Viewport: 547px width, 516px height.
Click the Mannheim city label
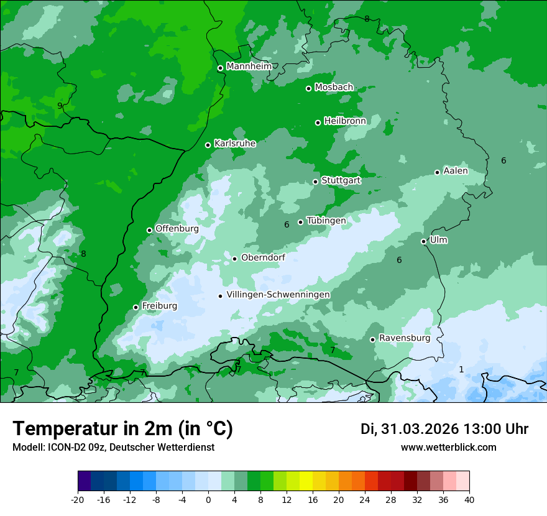[x=249, y=67]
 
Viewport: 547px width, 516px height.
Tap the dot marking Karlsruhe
[x=208, y=145]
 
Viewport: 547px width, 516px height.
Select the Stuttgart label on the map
[x=341, y=180]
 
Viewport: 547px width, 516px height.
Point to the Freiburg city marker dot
[x=136, y=307]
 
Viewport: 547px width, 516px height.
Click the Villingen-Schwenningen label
[x=278, y=295]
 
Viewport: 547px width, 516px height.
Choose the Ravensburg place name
[x=405, y=338]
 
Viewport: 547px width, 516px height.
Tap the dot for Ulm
[x=423, y=241]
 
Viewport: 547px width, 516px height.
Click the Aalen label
[x=456, y=171]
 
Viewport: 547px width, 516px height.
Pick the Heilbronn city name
[x=345, y=121]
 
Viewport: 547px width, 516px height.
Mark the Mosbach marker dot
[x=308, y=88]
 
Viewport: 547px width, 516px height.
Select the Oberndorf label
[x=263, y=258]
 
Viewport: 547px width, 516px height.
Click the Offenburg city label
[x=177, y=229]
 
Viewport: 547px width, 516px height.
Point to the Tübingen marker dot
[x=300, y=222]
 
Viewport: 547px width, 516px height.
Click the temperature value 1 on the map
[x=461, y=369]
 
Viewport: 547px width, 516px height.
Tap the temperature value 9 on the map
[x=60, y=106]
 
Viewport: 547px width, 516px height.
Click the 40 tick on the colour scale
[x=469, y=499]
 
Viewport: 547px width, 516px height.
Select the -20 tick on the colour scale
[x=78, y=499]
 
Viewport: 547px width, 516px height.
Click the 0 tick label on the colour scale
[x=208, y=499]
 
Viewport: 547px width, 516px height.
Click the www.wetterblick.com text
[x=448, y=447]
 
